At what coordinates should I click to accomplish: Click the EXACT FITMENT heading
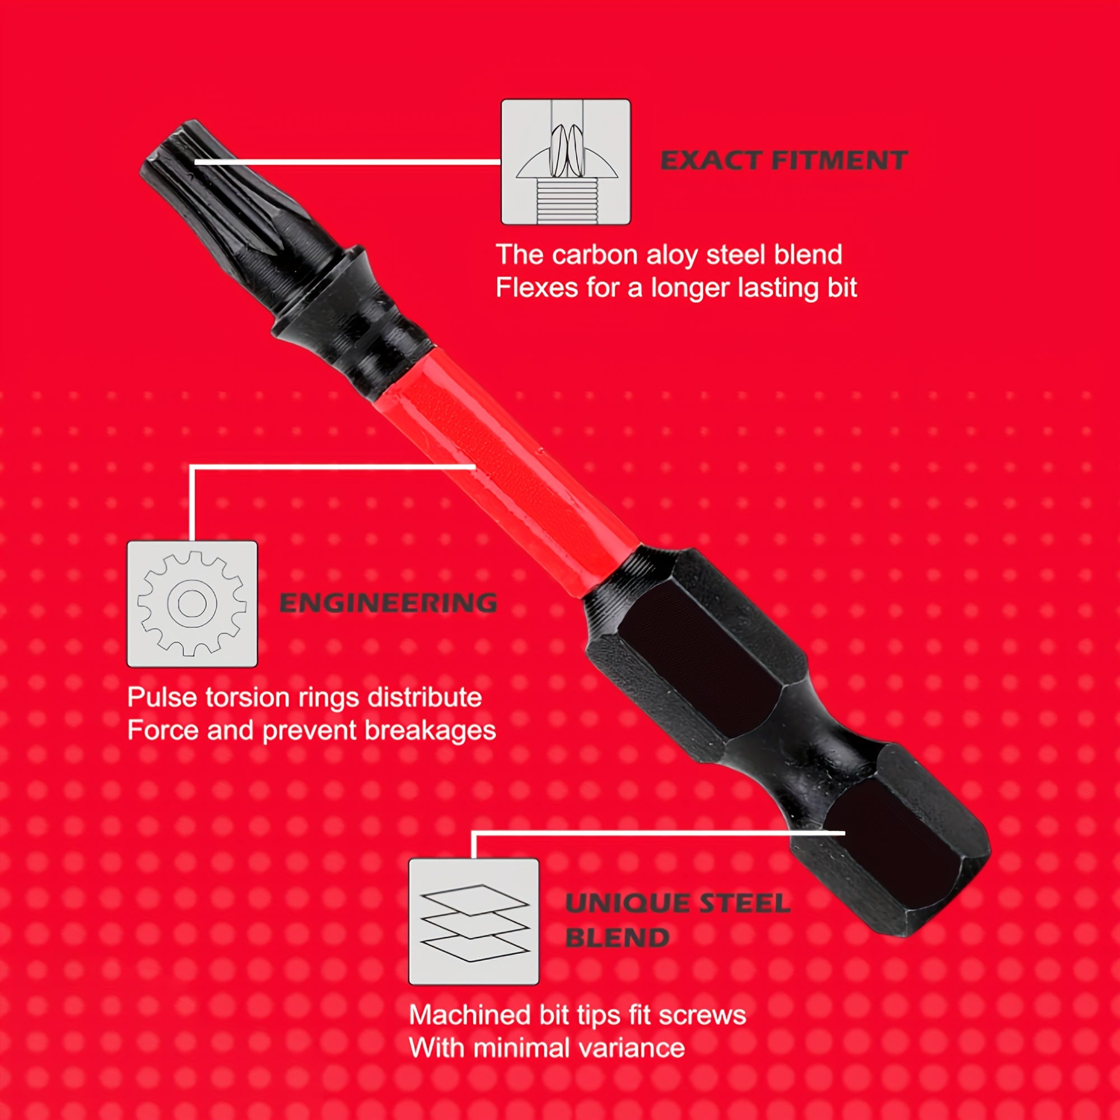(x=784, y=161)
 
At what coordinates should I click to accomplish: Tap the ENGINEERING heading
(x=388, y=604)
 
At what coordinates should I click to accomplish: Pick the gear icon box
(x=192, y=604)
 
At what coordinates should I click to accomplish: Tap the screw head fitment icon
(x=566, y=162)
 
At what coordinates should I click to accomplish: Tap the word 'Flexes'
(x=537, y=288)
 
